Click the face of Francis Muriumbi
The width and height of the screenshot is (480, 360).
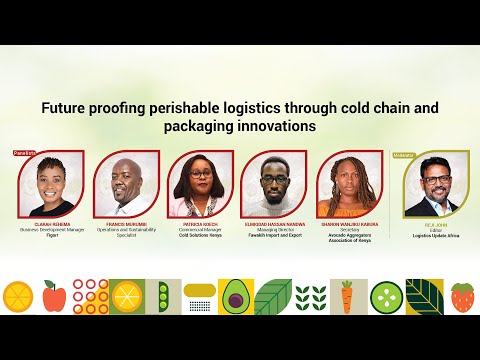click(x=125, y=178)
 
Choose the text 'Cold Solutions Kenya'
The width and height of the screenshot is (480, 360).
click(x=201, y=235)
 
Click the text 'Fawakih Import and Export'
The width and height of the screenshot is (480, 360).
click(x=274, y=235)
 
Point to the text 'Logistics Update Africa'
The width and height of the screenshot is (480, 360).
click(x=436, y=235)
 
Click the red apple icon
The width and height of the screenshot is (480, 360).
click(x=55, y=296)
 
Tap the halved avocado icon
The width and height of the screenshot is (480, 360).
click(x=235, y=296)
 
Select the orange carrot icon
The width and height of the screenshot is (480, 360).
click(x=346, y=296)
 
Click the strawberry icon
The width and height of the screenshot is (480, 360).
click(x=462, y=296)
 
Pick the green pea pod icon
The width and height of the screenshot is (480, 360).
click(x=164, y=296)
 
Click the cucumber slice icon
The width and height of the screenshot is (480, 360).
click(x=385, y=296)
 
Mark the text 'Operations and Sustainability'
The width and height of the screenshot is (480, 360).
click(x=127, y=229)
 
